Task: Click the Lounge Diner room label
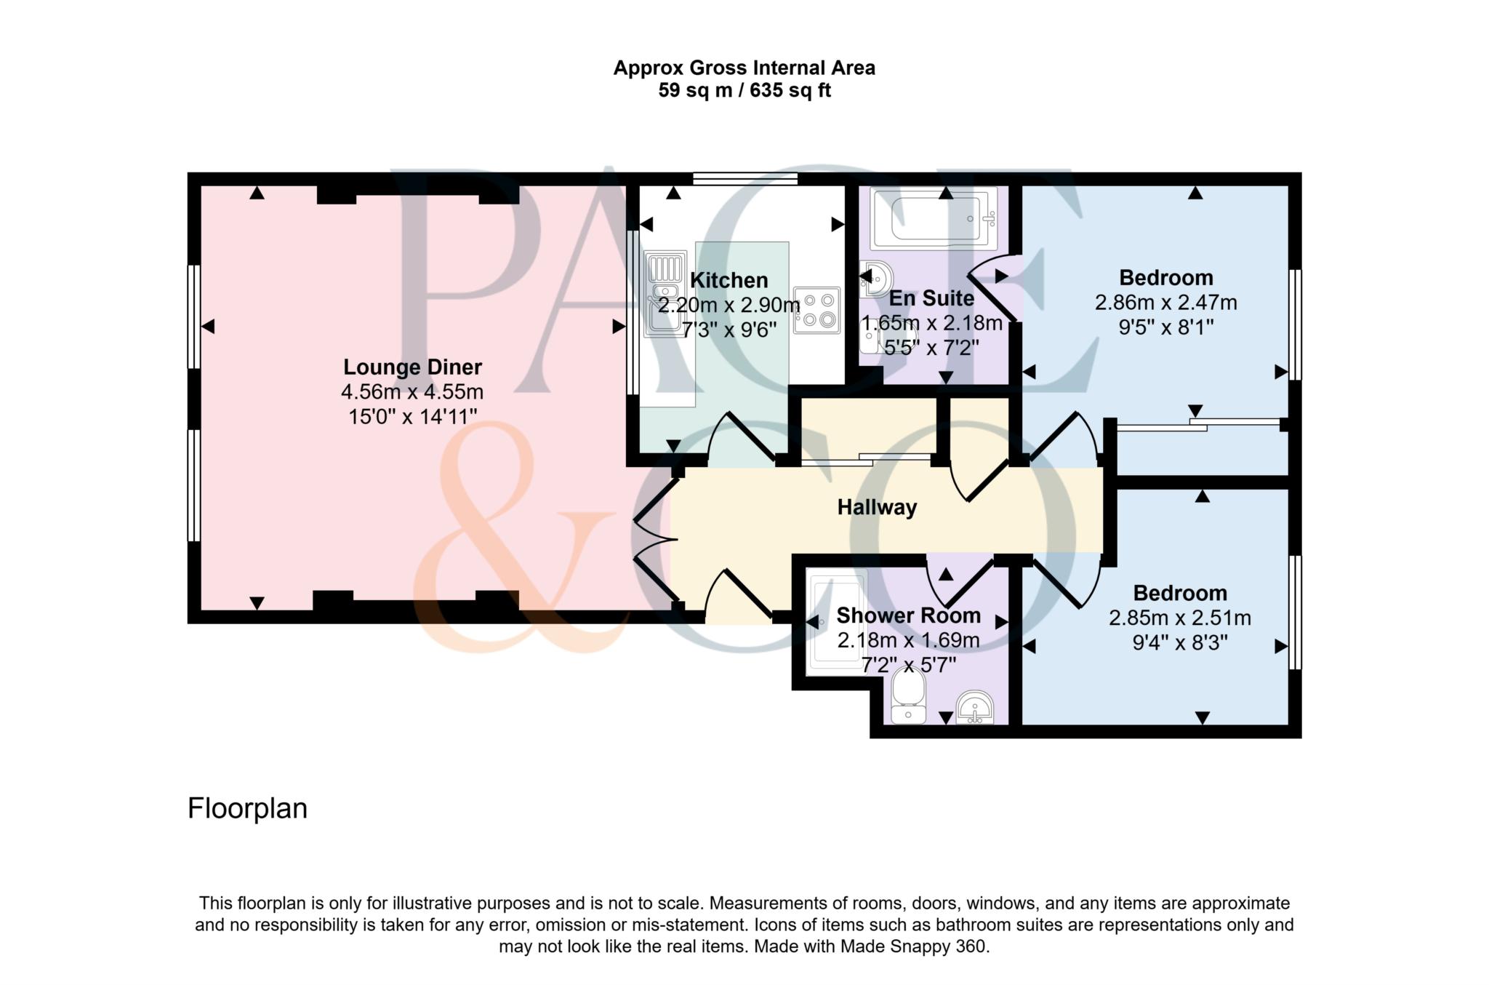click(x=412, y=367)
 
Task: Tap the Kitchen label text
click(x=729, y=280)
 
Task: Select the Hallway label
click(x=877, y=507)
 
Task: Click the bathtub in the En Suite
click(x=934, y=219)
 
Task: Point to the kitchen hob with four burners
click(x=816, y=310)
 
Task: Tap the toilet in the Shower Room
click(x=907, y=696)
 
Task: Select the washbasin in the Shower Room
click(x=974, y=707)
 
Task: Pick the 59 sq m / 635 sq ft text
click(x=744, y=91)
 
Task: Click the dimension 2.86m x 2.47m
click(x=1165, y=303)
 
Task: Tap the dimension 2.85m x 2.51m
click(x=1179, y=618)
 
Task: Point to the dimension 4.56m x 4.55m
click(x=412, y=392)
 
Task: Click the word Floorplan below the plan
click(x=247, y=809)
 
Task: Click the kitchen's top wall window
click(x=745, y=178)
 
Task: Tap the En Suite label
click(x=931, y=298)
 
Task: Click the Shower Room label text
click(x=908, y=615)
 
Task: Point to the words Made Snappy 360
click(x=915, y=946)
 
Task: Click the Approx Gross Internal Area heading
click(x=744, y=68)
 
